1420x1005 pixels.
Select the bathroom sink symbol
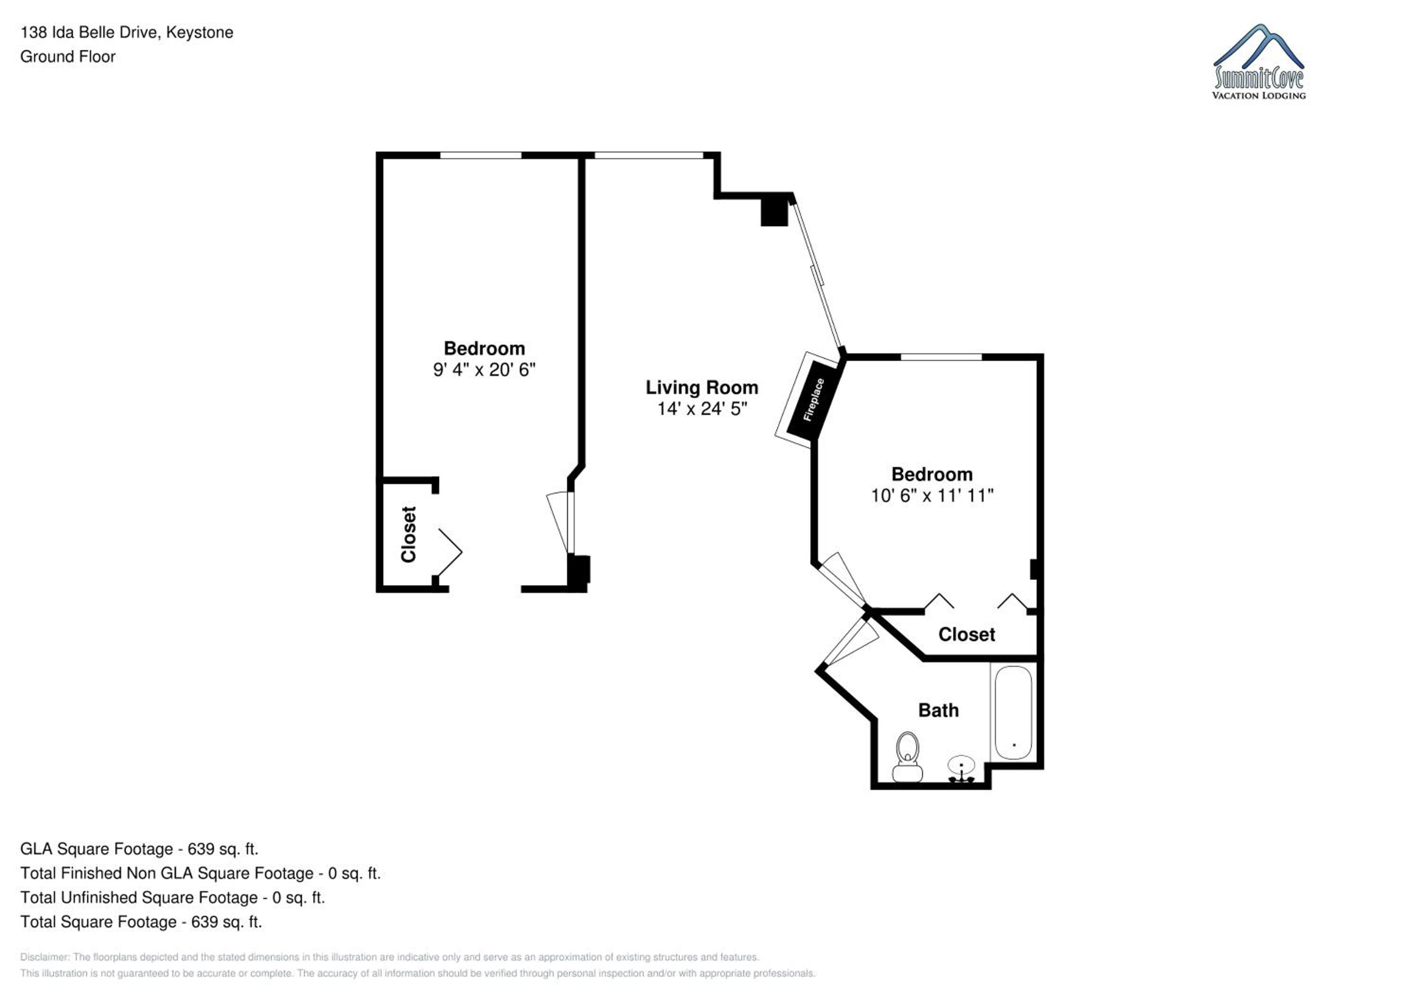pyautogui.click(x=962, y=769)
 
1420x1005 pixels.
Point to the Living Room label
pyautogui.click(x=702, y=387)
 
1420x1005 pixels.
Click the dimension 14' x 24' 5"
pyautogui.click(x=702, y=408)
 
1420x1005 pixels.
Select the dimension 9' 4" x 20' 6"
pyautogui.click(x=484, y=369)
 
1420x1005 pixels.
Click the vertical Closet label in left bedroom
pyautogui.click(x=408, y=535)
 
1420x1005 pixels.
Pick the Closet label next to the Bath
pyautogui.click(x=967, y=634)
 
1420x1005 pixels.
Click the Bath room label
pyautogui.click(x=938, y=710)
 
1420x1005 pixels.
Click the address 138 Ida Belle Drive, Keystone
pyautogui.click(x=127, y=32)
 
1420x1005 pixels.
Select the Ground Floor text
pyautogui.click(x=68, y=56)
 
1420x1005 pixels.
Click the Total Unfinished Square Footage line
pyautogui.click(x=173, y=897)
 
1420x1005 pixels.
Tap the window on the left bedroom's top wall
pyautogui.click(x=480, y=155)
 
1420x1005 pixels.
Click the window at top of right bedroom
pyautogui.click(x=941, y=357)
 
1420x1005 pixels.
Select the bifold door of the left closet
pyautogui.click(x=450, y=552)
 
